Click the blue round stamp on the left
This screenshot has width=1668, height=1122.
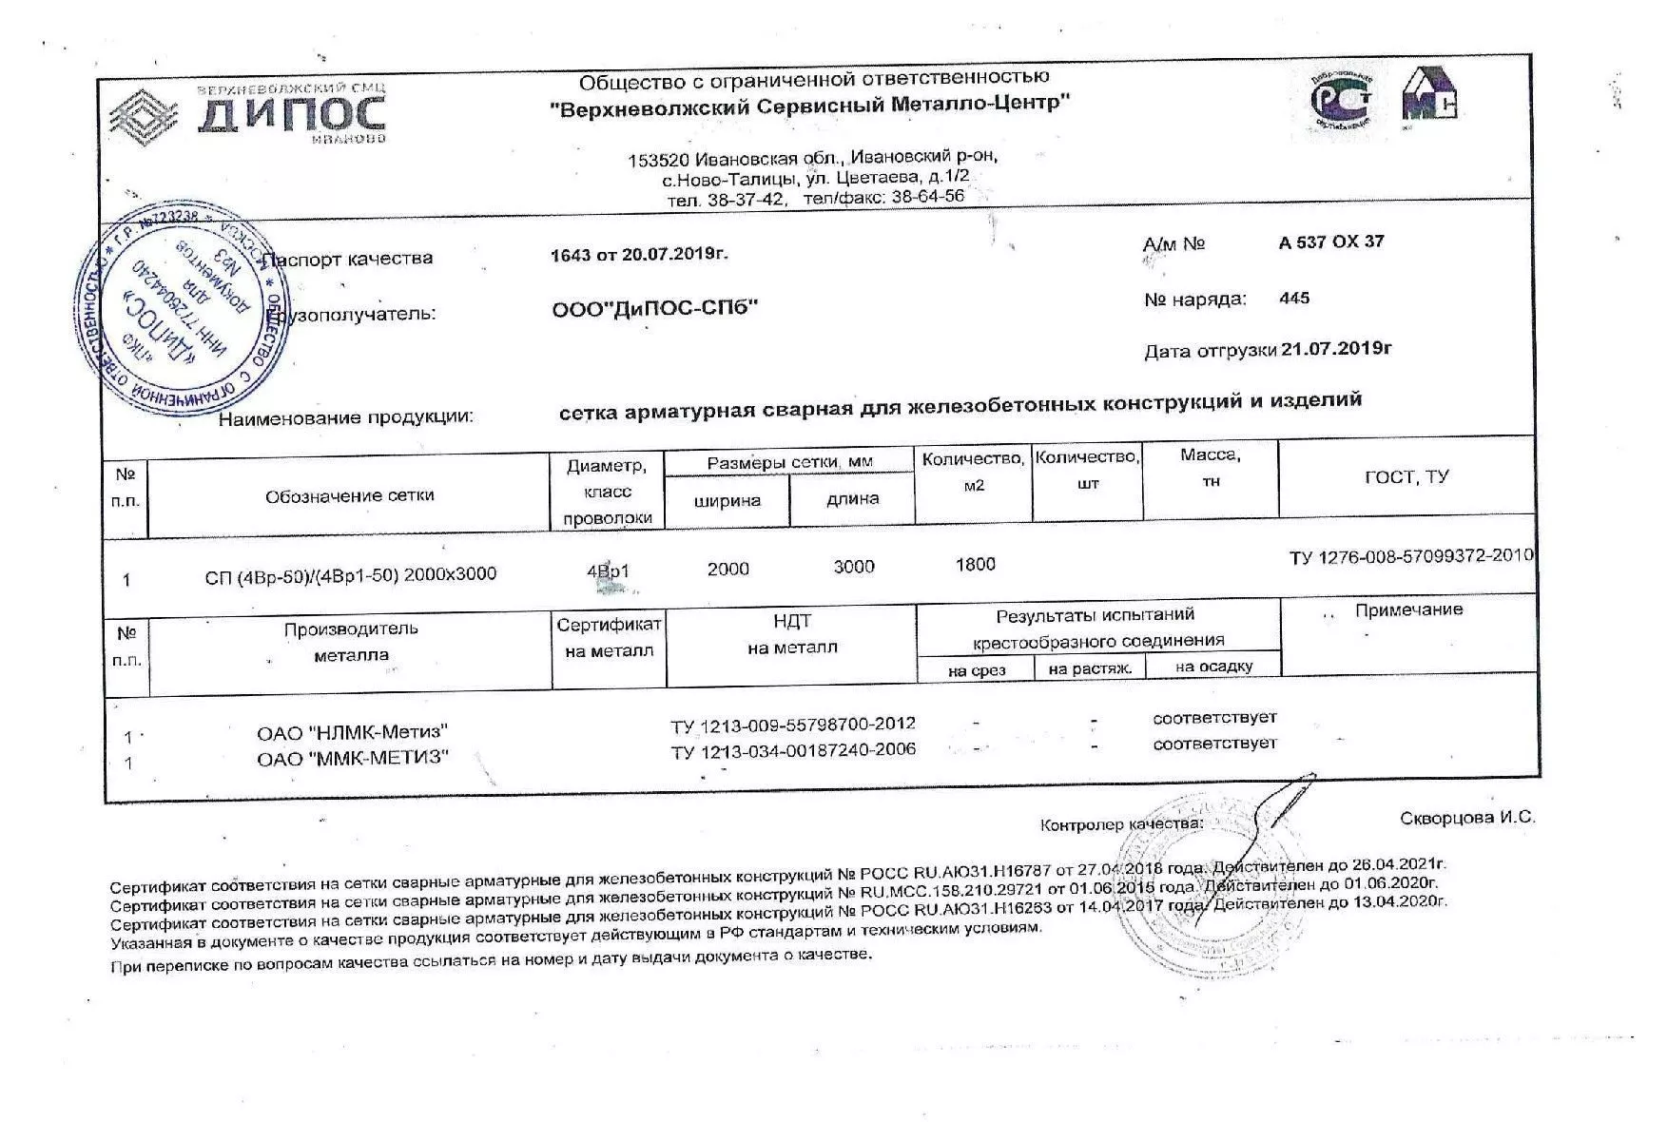point(184,308)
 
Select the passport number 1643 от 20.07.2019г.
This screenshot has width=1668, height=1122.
point(639,254)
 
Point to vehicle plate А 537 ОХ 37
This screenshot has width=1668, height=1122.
point(1331,242)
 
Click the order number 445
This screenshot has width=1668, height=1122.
point(1294,298)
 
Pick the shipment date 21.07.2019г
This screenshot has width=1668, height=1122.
point(1336,348)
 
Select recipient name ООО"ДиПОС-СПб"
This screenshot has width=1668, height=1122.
point(655,308)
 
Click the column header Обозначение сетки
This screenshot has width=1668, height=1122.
point(349,495)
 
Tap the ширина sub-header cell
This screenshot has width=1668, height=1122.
point(727,500)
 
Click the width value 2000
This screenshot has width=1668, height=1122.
point(728,569)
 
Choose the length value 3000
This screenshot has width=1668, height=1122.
point(853,567)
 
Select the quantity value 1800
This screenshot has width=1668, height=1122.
point(975,565)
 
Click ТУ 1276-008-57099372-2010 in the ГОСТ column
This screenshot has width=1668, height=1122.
point(1411,556)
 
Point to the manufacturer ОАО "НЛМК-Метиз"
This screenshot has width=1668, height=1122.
point(352,732)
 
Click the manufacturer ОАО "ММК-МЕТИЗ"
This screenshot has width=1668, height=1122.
point(352,758)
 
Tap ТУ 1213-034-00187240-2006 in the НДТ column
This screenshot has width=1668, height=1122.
point(793,750)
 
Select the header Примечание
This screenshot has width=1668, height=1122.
point(1408,609)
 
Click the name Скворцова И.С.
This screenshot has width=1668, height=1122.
point(1467,818)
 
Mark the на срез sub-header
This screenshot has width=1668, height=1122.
point(976,670)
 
